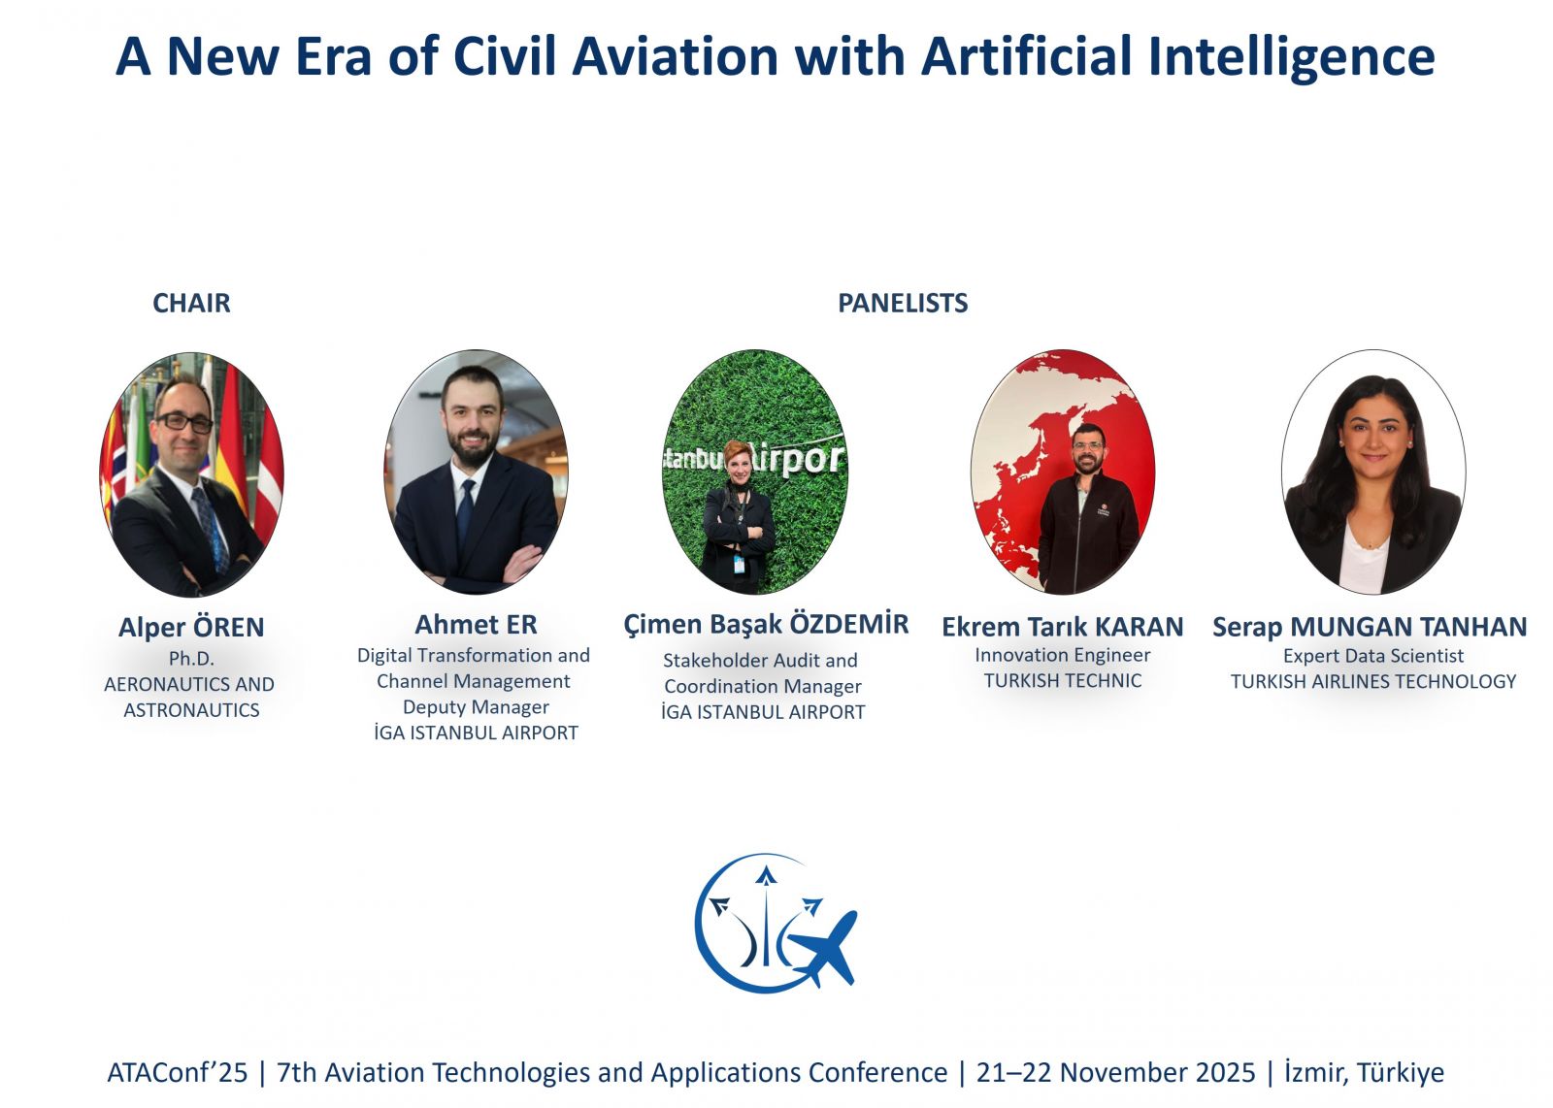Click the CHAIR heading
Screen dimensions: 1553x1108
point(191,304)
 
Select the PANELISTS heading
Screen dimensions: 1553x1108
point(903,304)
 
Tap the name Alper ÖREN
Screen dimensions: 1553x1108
point(191,627)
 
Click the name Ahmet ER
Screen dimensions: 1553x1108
point(476,624)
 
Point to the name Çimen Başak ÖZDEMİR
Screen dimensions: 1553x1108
point(766,624)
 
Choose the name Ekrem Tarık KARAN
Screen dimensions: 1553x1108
point(1062,627)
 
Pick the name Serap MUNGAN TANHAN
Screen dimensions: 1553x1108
point(1370,627)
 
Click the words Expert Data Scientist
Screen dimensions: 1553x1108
point(1373,656)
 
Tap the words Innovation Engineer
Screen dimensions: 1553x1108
point(1063,655)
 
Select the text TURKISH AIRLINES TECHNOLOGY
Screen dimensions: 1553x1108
point(1373,682)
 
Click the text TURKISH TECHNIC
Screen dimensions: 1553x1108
point(1063,681)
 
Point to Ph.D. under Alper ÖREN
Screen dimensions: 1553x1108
point(191,658)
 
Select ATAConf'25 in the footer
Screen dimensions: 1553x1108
point(177,1073)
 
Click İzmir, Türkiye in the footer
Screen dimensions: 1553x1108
point(1365,1073)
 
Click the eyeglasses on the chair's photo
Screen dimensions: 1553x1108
point(184,422)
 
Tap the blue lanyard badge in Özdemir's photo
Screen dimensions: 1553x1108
point(740,564)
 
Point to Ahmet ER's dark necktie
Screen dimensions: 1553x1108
point(465,513)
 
